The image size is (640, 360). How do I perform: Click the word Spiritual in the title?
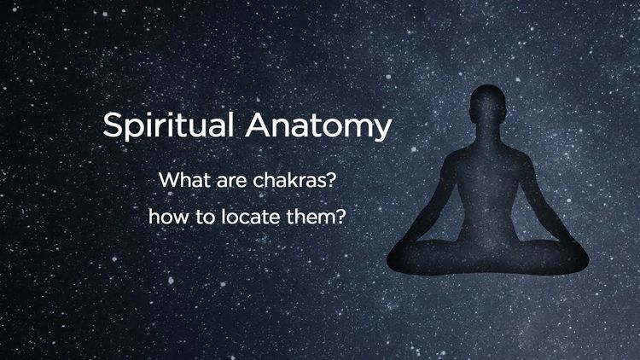pos(168,126)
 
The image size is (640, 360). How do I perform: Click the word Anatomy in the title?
pos(318,126)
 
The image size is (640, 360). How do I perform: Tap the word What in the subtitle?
pos(184,180)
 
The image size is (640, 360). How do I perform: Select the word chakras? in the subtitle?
pos(294,180)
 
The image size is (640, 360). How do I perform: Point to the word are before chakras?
pos(231,182)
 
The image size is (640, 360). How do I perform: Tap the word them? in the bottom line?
pos(316,217)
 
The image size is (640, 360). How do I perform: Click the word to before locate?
pos(206,218)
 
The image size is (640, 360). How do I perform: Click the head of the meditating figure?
pos(488,104)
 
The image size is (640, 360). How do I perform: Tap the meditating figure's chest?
pos(487,167)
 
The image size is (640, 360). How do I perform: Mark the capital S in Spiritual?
pos(113,125)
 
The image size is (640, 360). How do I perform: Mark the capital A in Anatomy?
pos(259,125)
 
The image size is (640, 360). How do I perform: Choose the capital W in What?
pos(168,180)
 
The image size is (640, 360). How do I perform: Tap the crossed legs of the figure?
pos(488,257)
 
